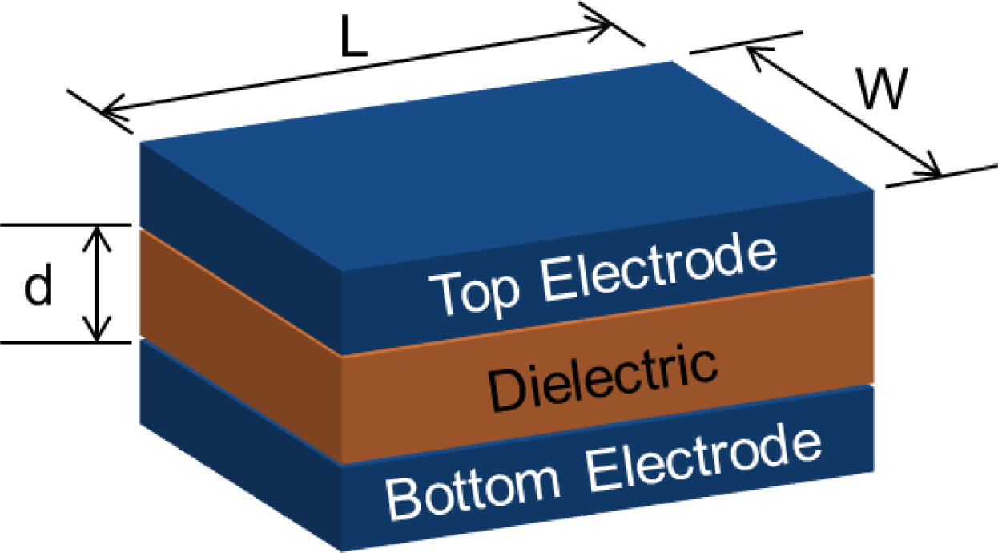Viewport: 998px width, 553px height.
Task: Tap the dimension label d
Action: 37,286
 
